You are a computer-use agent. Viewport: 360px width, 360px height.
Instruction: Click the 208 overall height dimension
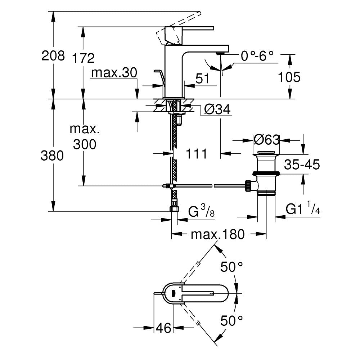pyautogui.click(x=53, y=56)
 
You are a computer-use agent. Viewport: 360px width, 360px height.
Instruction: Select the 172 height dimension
pyautogui.click(x=83, y=58)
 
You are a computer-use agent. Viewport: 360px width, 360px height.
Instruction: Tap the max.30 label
pyautogui.click(x=114, y=73)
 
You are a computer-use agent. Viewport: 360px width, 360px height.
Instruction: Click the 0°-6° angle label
pyautogui.click(x=257, y=56)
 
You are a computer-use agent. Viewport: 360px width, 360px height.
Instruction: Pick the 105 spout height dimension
pyautogui.click(x=289, y=77)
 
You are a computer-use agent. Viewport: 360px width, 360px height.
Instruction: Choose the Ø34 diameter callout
pyautogui.click(x=217, y=109)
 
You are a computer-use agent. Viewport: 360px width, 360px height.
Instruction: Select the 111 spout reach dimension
pyautogui.click(x=196, y=154)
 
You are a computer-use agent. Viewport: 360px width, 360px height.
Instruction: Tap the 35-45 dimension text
pyautogui.click(x=302, y=165)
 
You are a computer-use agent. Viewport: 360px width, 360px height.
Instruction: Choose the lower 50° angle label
pyautogui.click(x=232, y=320)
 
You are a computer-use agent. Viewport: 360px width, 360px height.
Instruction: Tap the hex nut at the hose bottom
pyautogui.click(x=174, y=209)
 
